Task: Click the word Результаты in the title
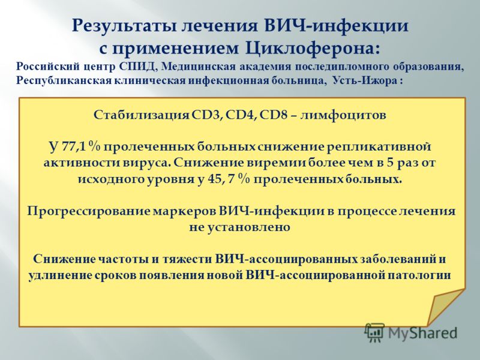(x=124, y=26)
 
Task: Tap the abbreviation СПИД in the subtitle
(x=138, y=67)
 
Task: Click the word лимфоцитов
(x=343, y=115)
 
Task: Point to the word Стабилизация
(x=142, y=115)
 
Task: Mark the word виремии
(x=276, y=163)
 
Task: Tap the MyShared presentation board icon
(x=374, y=332)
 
